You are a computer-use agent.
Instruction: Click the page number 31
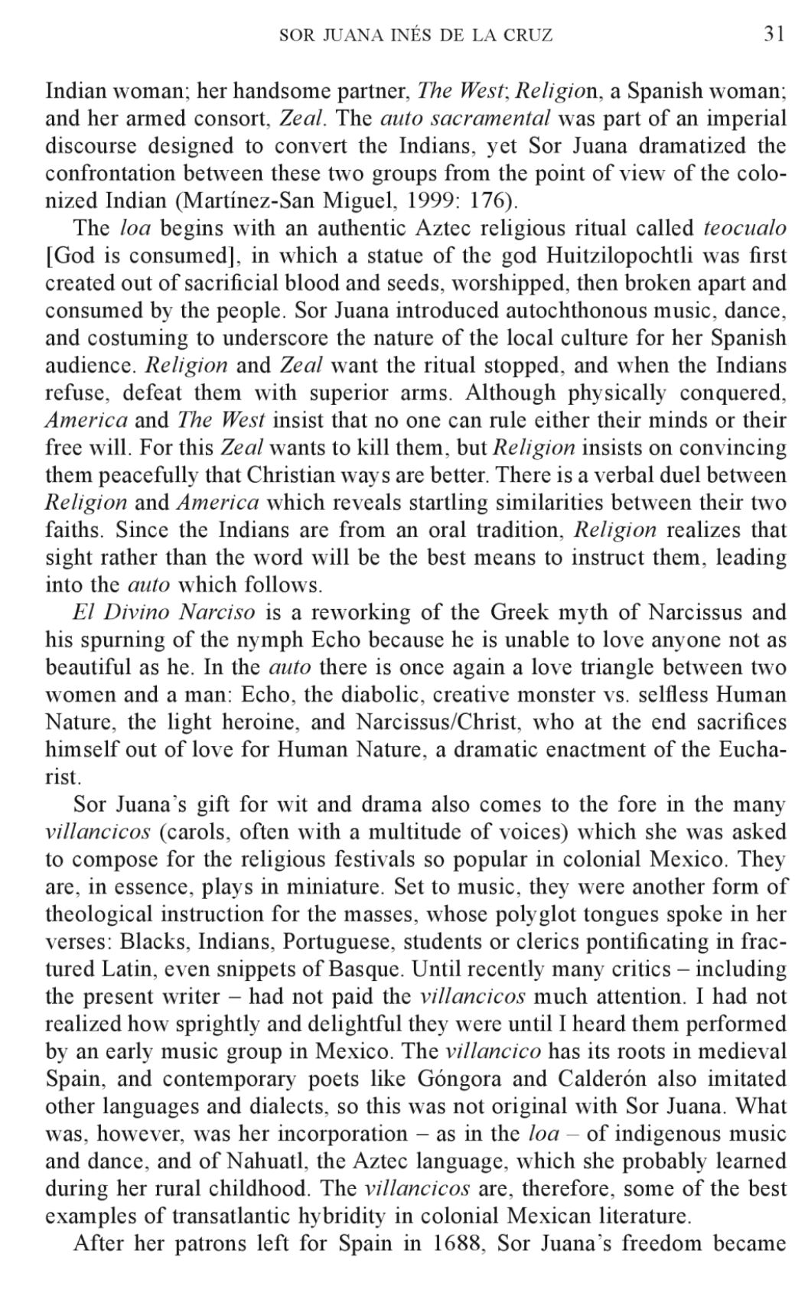774,34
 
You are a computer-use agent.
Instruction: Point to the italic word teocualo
744,228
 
